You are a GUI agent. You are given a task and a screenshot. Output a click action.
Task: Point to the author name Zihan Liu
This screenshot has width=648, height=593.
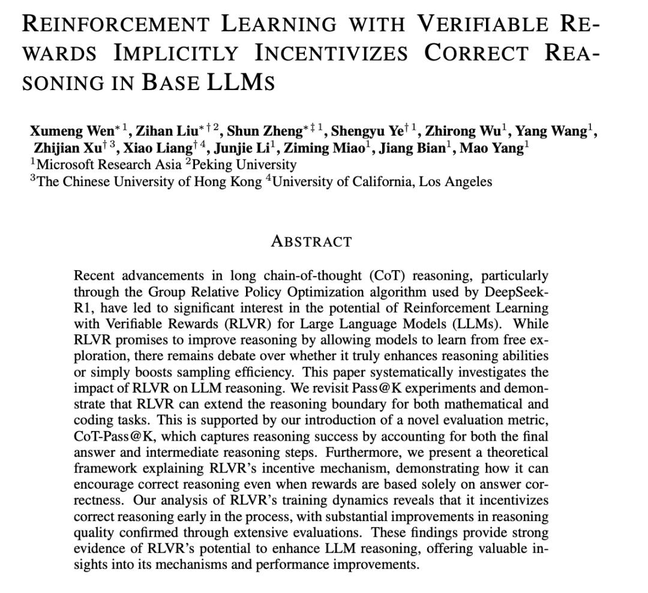point(164,131)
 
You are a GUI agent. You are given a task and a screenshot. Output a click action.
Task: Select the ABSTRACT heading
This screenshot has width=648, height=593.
point(311,242)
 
